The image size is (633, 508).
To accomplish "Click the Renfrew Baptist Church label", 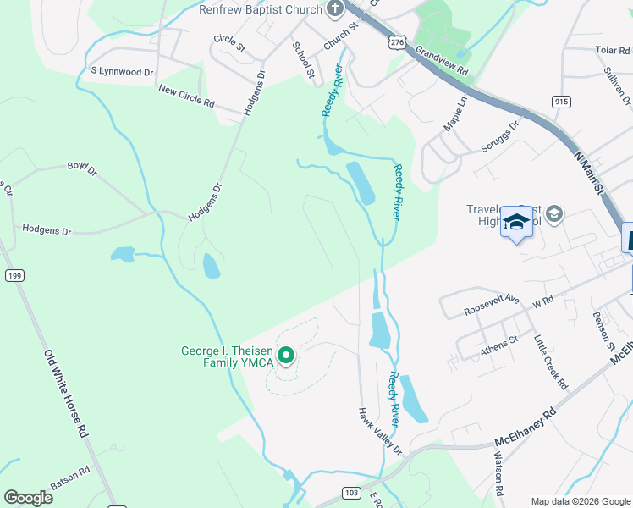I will pyautogui.click(x=261, y=10).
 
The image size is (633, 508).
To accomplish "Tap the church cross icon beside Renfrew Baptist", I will pyautogui.click(x=335, y=10).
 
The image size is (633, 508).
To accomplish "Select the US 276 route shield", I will pyautogui.click(x=394, y=40).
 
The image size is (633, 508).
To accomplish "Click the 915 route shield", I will pyautogui.click(x=561, y=102).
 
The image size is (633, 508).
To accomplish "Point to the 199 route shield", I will pyautogui.click(x=13, y=275).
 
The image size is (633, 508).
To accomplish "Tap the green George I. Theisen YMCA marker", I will pyautogui.click(x=286, y=355).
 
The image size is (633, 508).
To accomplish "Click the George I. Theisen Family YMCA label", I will pyautogui.click(x=227, y=357).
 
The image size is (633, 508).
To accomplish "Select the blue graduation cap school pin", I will pyautogui.click(x=515, y=223).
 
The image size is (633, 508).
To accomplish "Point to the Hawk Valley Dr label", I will pyautogui.click(x=378, y=432).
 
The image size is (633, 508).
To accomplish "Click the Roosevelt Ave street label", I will pyautogui.click(x=492, y=306).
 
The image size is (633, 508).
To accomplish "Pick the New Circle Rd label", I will pyautogui.click(x=186, y=96).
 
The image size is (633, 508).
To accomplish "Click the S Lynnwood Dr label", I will pyautogui.click(x=122, y=71).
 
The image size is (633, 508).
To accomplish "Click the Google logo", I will pyautogui.click(x=28, y=497).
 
